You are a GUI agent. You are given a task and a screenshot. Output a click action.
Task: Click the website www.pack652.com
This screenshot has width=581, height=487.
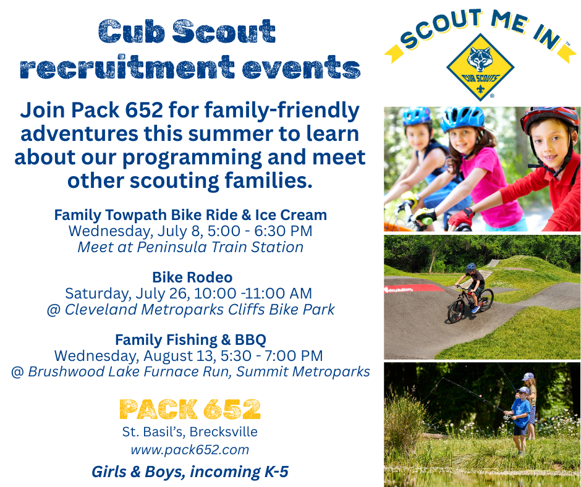pyautogui.click(x=190, y=449)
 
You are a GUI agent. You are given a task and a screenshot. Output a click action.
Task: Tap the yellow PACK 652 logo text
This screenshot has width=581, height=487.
pyautogui.click(x=190, y=409)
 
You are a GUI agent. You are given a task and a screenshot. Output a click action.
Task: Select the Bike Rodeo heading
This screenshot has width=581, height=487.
pyautogui.click(x=192, y=277)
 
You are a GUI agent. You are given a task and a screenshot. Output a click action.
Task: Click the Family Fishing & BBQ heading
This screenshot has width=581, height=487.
pyautogui.click(x=190, y=339)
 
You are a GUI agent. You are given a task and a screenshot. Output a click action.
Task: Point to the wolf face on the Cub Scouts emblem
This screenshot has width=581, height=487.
pyautogui.click(x=480, y=59)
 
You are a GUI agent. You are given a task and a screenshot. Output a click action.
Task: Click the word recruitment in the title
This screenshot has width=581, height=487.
pyautogui.click(x=127, y=67)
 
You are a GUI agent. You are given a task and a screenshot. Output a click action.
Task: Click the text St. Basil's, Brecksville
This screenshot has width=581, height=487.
pyautogui.click(x=190, y=432)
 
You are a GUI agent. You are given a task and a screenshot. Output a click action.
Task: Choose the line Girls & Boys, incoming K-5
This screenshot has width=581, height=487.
pyautogui.click(x=190, y=472)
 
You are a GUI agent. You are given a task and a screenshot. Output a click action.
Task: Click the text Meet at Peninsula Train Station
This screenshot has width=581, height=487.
pyautogui.click(x=190, y=247)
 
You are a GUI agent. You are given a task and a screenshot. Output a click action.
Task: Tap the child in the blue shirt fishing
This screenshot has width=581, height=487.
pyautogui.click(x=520, y=421)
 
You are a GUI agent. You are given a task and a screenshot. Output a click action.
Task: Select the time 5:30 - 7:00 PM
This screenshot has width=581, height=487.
pyautogui.click(x=271, y=356)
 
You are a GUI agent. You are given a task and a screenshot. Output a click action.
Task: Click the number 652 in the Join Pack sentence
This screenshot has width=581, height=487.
pyautogui.click(x=144, y=110)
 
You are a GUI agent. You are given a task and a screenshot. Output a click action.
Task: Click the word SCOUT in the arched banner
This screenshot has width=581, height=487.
pyautogui.click(x=440, y=29)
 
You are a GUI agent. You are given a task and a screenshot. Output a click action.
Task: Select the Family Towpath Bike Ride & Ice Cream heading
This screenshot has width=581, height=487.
pyautogui.click(x=190, y=215)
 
